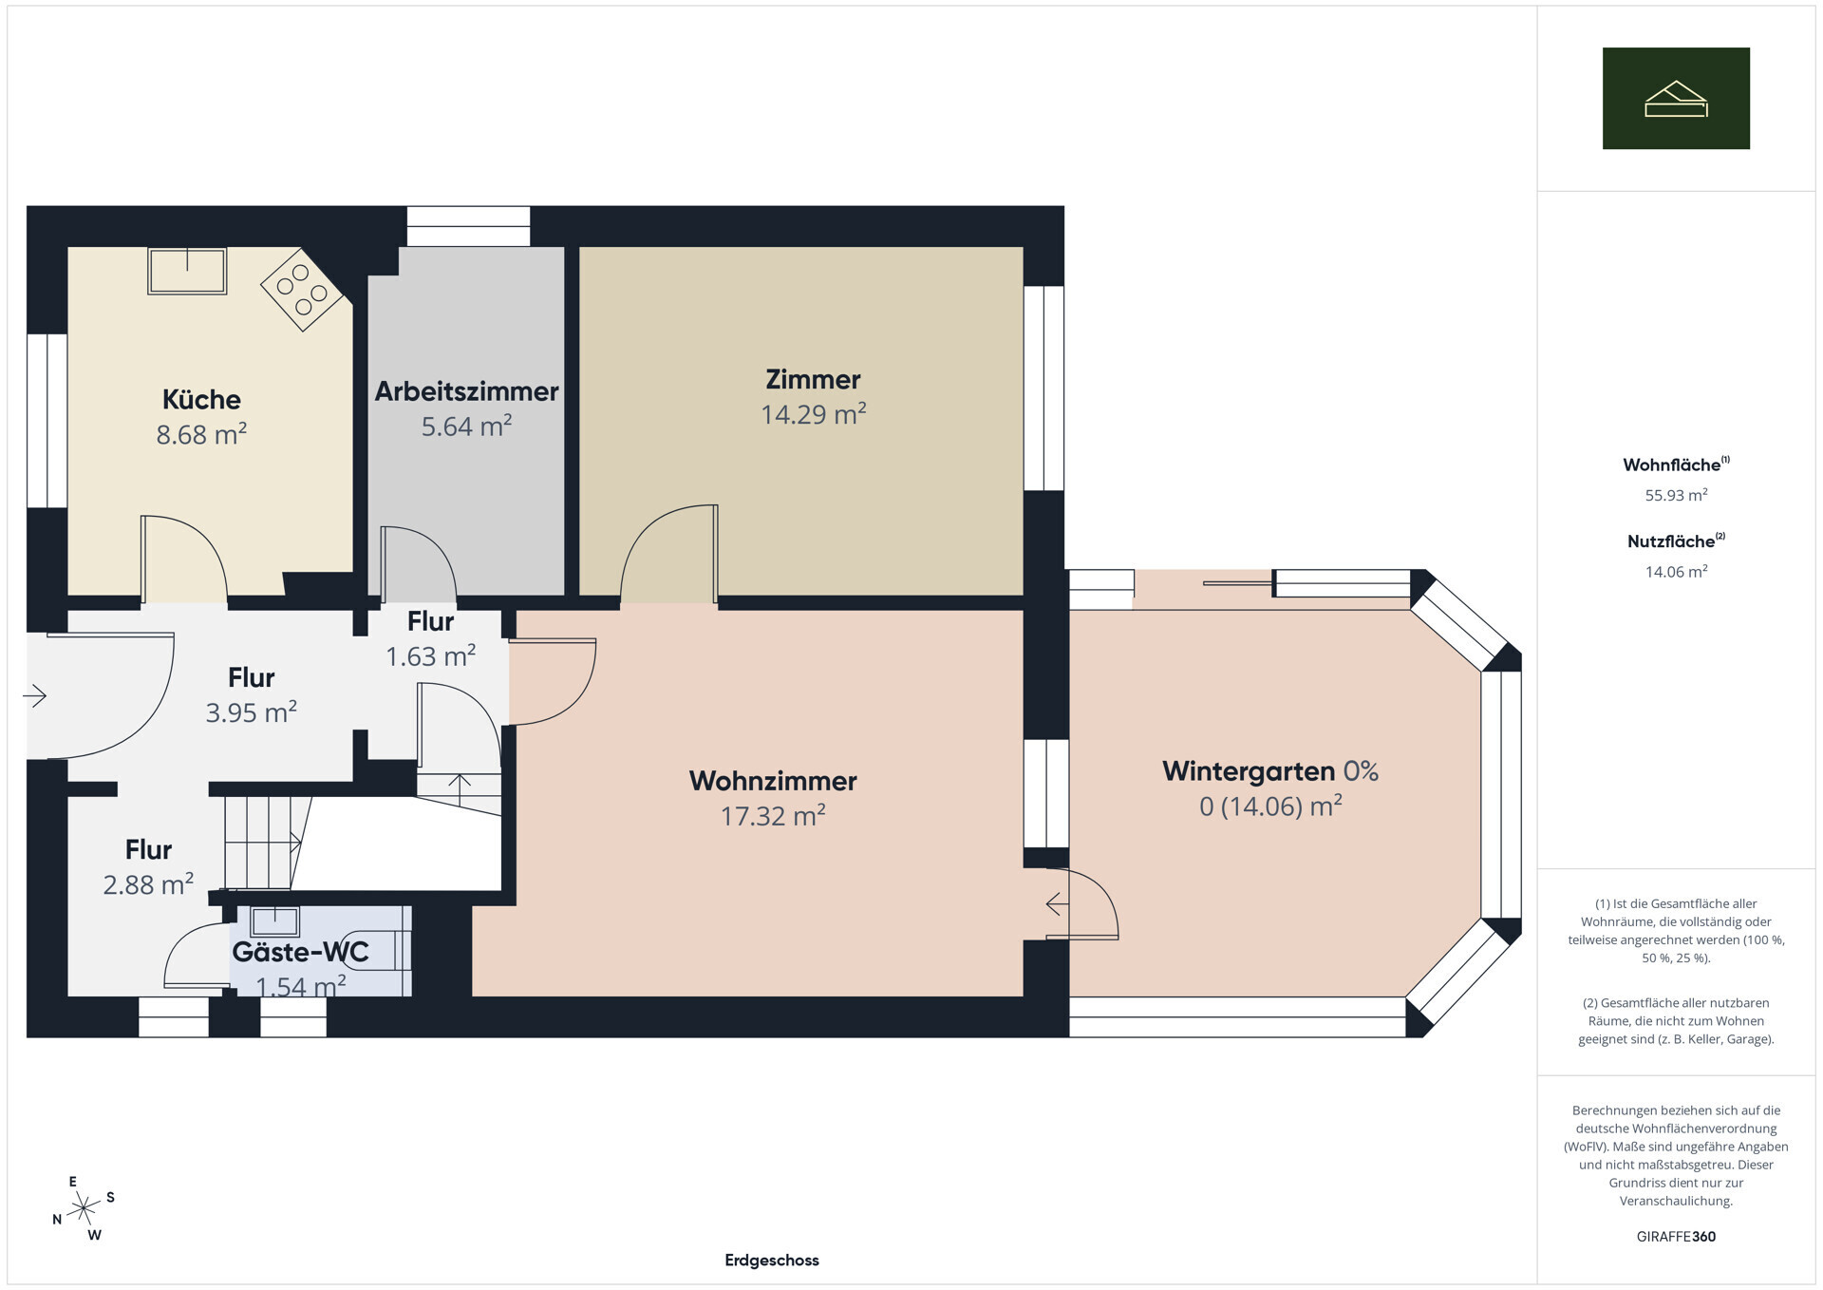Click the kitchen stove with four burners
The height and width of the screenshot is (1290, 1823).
(x=302, y=289)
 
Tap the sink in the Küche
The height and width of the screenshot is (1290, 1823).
(x=187, y=271)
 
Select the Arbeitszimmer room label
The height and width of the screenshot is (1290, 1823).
(x=466, y=391)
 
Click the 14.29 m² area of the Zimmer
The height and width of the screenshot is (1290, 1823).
(x=814, y=414)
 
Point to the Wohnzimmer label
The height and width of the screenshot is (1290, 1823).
(x=773, y=781)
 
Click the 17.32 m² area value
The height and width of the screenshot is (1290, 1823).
(x=773, y=816)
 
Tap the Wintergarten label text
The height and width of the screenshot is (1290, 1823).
(x=1249, y=771)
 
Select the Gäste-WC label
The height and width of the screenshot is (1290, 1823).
(x=300, y=951)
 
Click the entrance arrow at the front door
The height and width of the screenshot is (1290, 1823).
(x=34, y=696)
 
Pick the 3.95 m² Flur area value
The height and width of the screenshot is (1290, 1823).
(x=252, y=712)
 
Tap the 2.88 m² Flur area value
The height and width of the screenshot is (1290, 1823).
(x=148, y=884)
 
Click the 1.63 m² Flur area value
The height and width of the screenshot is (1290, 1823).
(x=430, y=656)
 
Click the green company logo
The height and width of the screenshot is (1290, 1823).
(x=1676, y=98)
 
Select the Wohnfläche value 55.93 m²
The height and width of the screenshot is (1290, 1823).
(x=1676, y=495)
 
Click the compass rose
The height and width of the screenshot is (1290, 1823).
(x=84, y=1208)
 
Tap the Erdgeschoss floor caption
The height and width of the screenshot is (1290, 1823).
(x=772, y=1261)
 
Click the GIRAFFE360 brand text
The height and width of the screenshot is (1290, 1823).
(x=1676, y=1237)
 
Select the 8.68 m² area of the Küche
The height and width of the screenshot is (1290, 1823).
(x=201, y=434)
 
